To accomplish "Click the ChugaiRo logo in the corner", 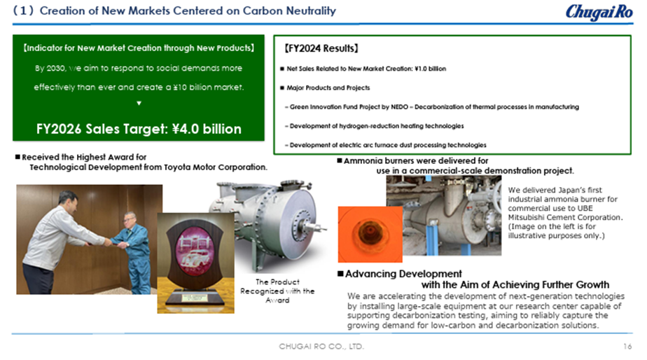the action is click(599, 12).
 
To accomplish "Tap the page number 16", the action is click(627, 347).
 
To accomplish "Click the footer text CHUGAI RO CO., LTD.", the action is click(321, 347).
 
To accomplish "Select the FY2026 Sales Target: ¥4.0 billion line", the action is click(139, 129).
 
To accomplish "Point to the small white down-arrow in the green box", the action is click(139, 103).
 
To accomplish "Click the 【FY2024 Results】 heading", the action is click(321, 48).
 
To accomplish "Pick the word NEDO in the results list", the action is click(399, 107).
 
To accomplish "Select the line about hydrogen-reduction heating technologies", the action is click(374, 126).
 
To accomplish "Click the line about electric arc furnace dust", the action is click(385, 145).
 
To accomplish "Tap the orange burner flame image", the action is click(370, 234).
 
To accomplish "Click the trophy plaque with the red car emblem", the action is click(195, 263).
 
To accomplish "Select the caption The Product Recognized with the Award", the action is click(277, 291).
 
